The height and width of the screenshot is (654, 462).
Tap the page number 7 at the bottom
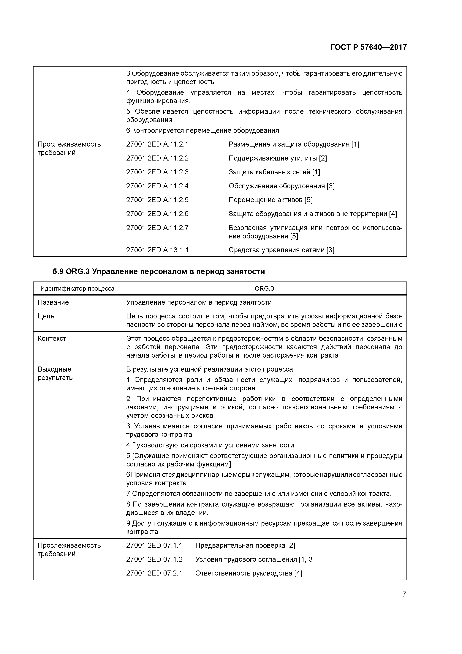click(404, 594)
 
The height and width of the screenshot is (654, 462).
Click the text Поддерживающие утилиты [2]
click(278, 158)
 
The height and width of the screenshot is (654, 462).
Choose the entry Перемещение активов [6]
click(270, 200)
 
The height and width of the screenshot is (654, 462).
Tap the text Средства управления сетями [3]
click(281, 250)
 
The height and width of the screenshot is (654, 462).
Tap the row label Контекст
click(52, 339)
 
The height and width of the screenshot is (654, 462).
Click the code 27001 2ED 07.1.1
click(154, 545)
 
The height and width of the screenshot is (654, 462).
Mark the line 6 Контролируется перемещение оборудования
click(202, 131)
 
